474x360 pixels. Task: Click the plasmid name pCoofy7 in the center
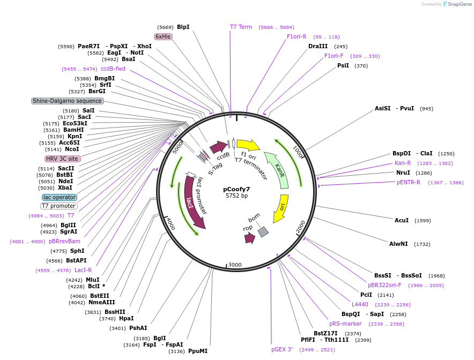click(x=236, y=189)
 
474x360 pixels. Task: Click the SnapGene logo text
click(x=460, y=4)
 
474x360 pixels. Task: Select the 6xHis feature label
click(x=163, y=36)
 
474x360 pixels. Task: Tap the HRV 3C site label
click(x=63, y=159)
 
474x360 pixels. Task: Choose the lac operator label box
click(x=60, y=197)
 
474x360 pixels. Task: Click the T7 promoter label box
click(x=59, y=206)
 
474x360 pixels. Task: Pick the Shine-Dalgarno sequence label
click(x=67, y=101)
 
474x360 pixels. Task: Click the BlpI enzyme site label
click(x=183, y=27)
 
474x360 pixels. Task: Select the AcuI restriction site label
click(x=402, y=220)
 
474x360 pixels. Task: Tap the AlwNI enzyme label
click(x=398, y=244)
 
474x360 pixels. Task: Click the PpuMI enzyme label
click(x=198, y=351)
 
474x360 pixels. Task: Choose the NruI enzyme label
click(x=403, y=172)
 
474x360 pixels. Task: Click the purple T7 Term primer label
click(x=241, y=27)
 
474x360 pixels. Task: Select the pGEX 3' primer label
click(x=282, y=349)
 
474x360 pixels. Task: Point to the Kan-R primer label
click(x=403, y=163)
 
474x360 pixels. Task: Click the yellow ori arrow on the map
click(x=280, y=208)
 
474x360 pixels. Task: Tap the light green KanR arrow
click(x=278, y=170)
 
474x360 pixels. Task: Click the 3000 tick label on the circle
click(x=235, y=265)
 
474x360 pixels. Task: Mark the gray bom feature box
click(x=263, y=231)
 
